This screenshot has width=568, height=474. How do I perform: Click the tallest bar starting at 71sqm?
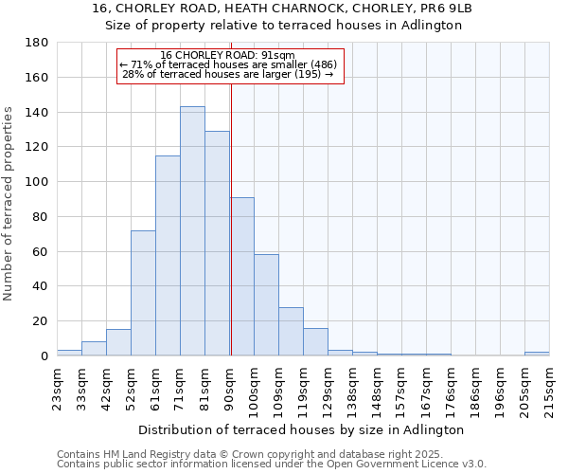pos(192,231)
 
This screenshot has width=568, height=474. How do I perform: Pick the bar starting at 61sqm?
pos(168,256)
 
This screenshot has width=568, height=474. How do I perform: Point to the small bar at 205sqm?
pos(537,354)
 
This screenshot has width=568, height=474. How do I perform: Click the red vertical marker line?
pos(231,218)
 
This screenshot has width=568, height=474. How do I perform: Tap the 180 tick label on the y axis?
pos(37,43)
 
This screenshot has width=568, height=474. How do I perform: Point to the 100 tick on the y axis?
pos(37,182)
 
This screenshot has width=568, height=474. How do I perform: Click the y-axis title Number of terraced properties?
pos(9,204)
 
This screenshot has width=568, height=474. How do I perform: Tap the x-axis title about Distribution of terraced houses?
pos(302,429)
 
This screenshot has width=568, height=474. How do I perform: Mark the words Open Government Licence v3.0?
pos(415,464)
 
